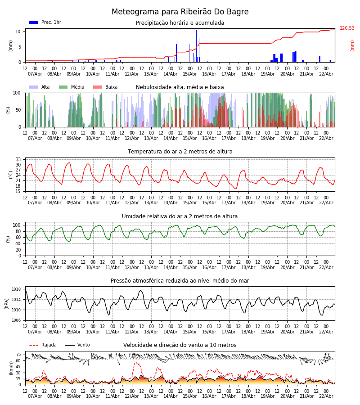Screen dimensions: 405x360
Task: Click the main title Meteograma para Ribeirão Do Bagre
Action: click(180, 12)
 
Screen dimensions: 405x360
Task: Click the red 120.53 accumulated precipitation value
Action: click(347, 28)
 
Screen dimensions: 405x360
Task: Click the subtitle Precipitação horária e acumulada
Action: click(180, 23)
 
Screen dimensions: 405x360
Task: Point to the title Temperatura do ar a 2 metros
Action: click(180, 152)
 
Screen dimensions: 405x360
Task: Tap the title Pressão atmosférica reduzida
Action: click(180, 281)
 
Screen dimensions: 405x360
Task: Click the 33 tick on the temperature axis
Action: click(18, 159)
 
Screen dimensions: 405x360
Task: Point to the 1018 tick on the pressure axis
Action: click(16, 289)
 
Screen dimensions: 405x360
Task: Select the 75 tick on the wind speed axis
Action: click(18, 355)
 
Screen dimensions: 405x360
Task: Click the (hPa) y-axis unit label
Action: click(7, 303)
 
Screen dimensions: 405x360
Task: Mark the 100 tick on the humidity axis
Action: click(17, 225)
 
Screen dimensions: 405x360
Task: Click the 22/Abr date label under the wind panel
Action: click(326, 396)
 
